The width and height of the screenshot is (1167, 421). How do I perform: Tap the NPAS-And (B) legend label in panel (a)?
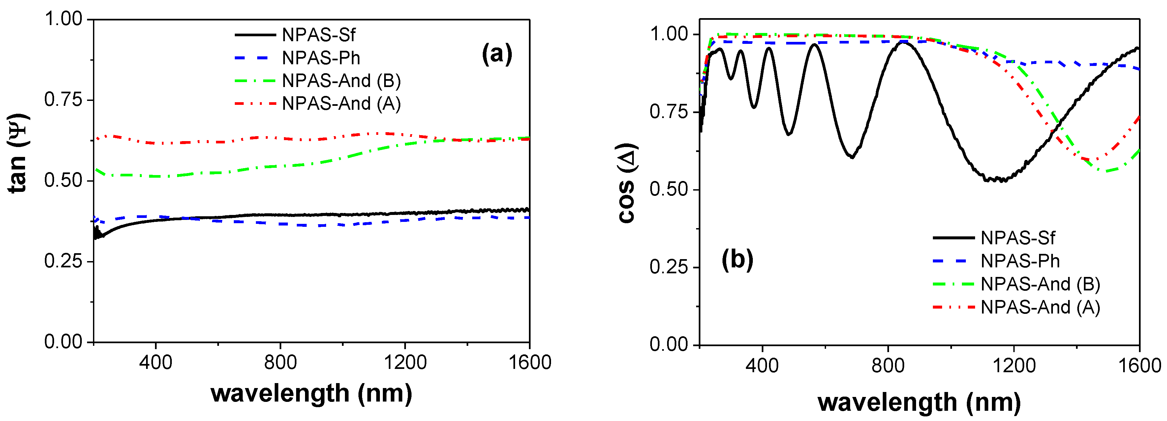click(x=341, y=80)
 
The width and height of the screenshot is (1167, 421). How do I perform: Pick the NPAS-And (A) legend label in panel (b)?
click(x=1040, y=307)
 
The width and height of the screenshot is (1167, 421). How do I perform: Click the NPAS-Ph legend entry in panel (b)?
click(x=1020, y=261)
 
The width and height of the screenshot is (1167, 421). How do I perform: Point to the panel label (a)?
click(x=497, y=54)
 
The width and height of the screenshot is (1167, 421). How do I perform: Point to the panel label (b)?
click(x=737, y=260)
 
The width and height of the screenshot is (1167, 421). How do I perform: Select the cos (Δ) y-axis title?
click(x=628, y=183)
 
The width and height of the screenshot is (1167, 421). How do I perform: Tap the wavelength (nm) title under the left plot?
click(x=311, y=393)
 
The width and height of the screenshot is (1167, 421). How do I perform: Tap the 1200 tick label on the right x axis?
click(x=1014, y=365)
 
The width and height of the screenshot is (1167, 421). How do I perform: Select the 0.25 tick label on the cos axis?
click(x=668, y=267)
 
